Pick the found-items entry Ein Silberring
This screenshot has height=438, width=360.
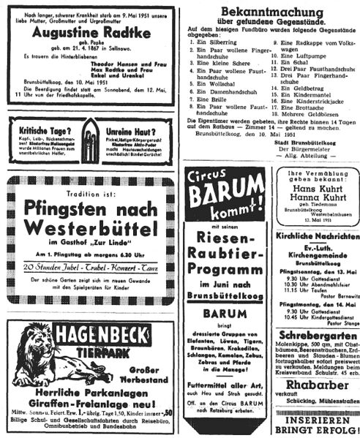pos(215,44)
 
